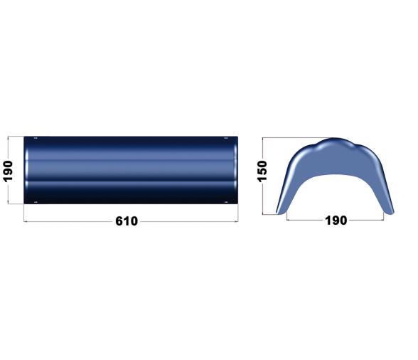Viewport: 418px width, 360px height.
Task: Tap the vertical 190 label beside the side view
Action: coord(9,171)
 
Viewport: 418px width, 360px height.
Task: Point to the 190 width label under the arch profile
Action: coord(336,221)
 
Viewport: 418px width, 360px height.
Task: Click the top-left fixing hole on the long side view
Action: coord(36,139)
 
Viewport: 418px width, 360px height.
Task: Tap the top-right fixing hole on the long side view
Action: coord(226,139)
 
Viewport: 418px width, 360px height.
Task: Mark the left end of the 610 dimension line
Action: coord(25,221)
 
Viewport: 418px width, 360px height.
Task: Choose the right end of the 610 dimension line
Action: coord(237,221)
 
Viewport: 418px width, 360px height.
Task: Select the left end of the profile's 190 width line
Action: coord(287,221)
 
